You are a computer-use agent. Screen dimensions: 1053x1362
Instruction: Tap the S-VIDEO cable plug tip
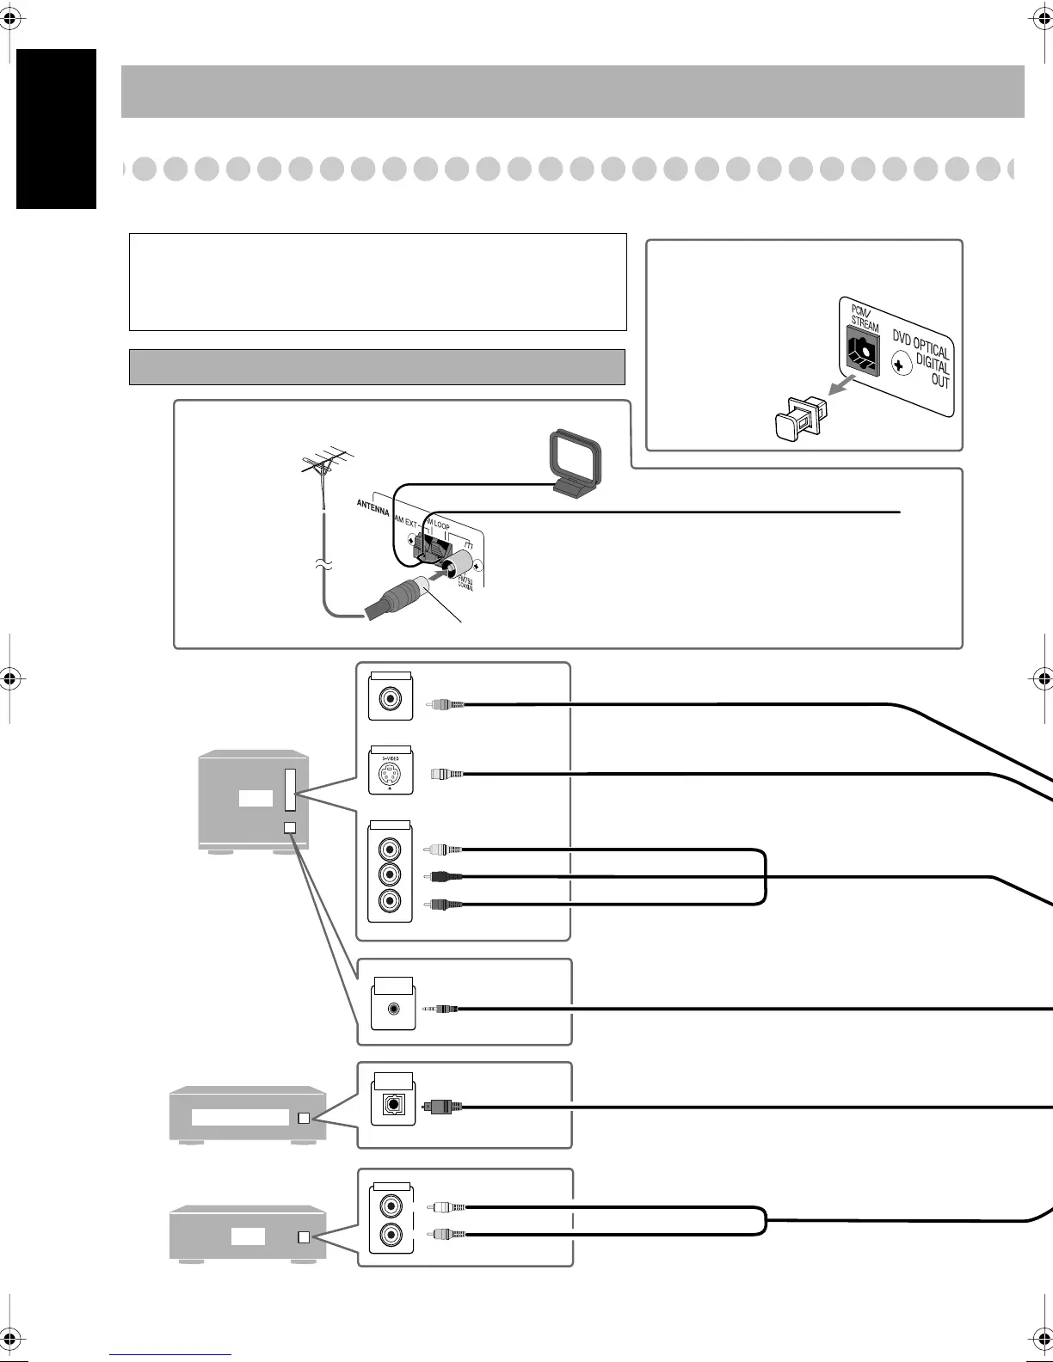tap(446, 774)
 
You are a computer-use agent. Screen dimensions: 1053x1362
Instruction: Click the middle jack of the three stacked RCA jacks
tap(391, 875)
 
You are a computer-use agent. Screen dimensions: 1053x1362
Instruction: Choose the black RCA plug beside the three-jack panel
tap(446, 877)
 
